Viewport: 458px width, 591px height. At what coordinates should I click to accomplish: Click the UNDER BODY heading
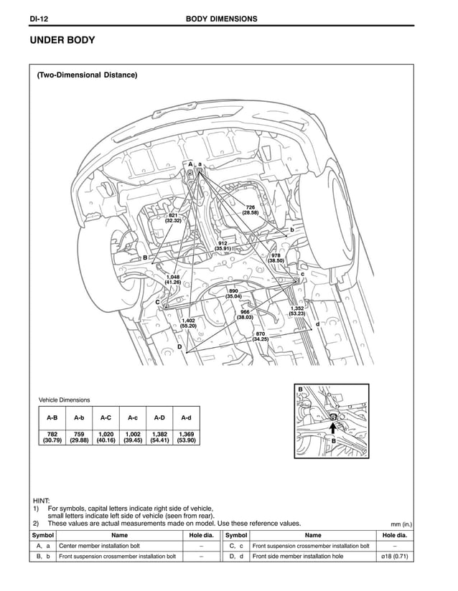(x=62, y=41)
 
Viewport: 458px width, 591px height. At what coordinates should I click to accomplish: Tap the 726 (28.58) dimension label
(x=250, y=210)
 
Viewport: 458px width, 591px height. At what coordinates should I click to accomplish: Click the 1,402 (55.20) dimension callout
(x=188, y=323)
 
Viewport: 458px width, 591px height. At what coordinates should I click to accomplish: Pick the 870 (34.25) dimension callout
(x=260, y=336)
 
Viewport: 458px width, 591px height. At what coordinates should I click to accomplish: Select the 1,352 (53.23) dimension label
(x=297, y=311)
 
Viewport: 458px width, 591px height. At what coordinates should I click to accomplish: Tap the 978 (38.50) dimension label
(x=276, y=258)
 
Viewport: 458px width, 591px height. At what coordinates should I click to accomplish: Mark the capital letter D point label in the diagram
(x=179, y=347)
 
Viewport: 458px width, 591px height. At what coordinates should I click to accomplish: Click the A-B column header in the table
(x=52, y=417)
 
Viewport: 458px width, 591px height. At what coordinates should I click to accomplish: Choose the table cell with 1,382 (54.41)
(x=159, y=437)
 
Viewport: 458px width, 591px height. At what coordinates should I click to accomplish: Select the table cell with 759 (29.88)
(x=79, y=437)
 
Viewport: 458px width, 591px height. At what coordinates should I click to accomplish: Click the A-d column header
(x=186, y=417)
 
